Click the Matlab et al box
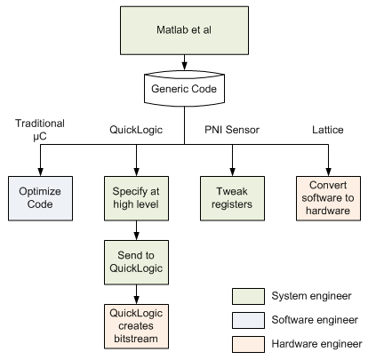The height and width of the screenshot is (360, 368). coord(184,32)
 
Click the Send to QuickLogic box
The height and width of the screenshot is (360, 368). coord(135,262)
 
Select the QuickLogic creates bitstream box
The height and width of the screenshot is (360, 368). coord(135,326)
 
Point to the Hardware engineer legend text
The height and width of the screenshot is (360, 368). coord(316,344)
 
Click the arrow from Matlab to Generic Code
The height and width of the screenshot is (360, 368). coord(184,64)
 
